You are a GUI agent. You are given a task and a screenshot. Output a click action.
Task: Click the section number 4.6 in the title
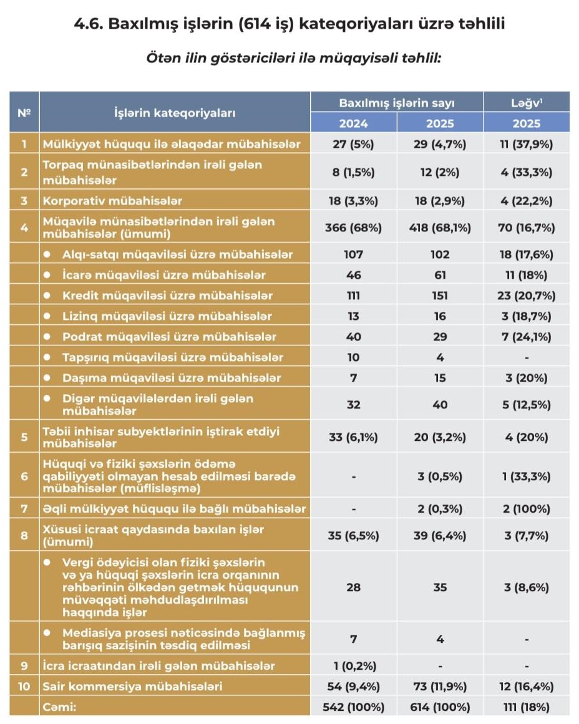[x=89, y=25]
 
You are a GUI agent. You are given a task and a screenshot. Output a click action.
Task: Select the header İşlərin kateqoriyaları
[x=175, y=113]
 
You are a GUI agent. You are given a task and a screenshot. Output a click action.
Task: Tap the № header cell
[x=24, y=113]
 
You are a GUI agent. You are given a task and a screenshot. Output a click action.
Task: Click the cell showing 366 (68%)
[x=353, y=228]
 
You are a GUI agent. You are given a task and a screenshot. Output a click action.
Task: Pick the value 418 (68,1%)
[x=440, y=228]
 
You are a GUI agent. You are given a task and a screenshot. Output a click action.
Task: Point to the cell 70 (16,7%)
[x=527, y=228]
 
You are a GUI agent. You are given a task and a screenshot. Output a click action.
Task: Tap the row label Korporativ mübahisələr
[x=112, y=201]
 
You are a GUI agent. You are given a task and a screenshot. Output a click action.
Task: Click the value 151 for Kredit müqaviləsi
[x=440, y=296]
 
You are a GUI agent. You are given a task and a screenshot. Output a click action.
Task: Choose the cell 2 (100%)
[x=527, y=509]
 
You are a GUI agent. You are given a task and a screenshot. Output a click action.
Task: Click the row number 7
[x=24, y=509]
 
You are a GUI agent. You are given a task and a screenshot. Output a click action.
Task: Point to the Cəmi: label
[x=60, y=707]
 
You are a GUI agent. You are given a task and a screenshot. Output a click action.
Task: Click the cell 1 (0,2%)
[x=353, y=666]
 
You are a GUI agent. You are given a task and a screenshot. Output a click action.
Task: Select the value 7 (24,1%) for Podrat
[x=527, y=337]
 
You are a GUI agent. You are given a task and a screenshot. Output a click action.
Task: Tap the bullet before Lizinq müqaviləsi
[x=48, y=316]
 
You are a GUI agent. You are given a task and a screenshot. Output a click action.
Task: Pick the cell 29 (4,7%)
[x=440, y=144]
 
